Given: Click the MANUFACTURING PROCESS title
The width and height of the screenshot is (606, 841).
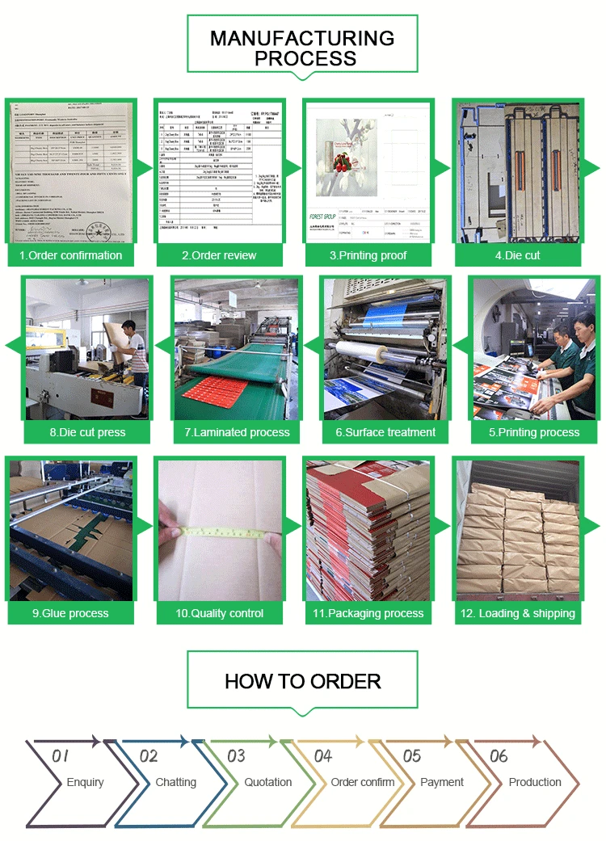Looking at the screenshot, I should (x=302, y=48).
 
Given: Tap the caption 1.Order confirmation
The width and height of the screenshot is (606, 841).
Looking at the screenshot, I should (x=70, y=255).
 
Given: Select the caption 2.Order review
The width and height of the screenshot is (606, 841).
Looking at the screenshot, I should (x=219, y=255).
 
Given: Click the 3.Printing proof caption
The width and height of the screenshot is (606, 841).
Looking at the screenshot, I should (x=368, y=255).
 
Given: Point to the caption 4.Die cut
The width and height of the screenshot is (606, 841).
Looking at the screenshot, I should (x=517, y=255).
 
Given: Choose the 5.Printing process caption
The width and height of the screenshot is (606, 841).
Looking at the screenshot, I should (x=534, y=432).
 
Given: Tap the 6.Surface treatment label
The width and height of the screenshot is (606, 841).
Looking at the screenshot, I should (x=385, y=432).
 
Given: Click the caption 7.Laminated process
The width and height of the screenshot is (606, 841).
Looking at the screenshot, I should (x=237, y=432).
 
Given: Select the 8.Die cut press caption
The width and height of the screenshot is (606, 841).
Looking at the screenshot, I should (x=87, y=432).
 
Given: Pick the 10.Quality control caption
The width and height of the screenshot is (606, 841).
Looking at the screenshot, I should (x=220, y=613).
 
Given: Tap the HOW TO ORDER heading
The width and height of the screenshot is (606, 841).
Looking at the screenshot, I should (x=302, y=681).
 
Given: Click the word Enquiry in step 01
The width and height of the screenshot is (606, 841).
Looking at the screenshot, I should (x=85, y=782).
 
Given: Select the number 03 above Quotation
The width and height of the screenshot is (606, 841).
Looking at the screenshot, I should (x=236, y=756).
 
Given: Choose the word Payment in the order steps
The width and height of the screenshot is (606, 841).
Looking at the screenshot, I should (x=442, y=782).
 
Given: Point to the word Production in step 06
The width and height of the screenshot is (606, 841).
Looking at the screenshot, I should (x=535, y=782).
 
